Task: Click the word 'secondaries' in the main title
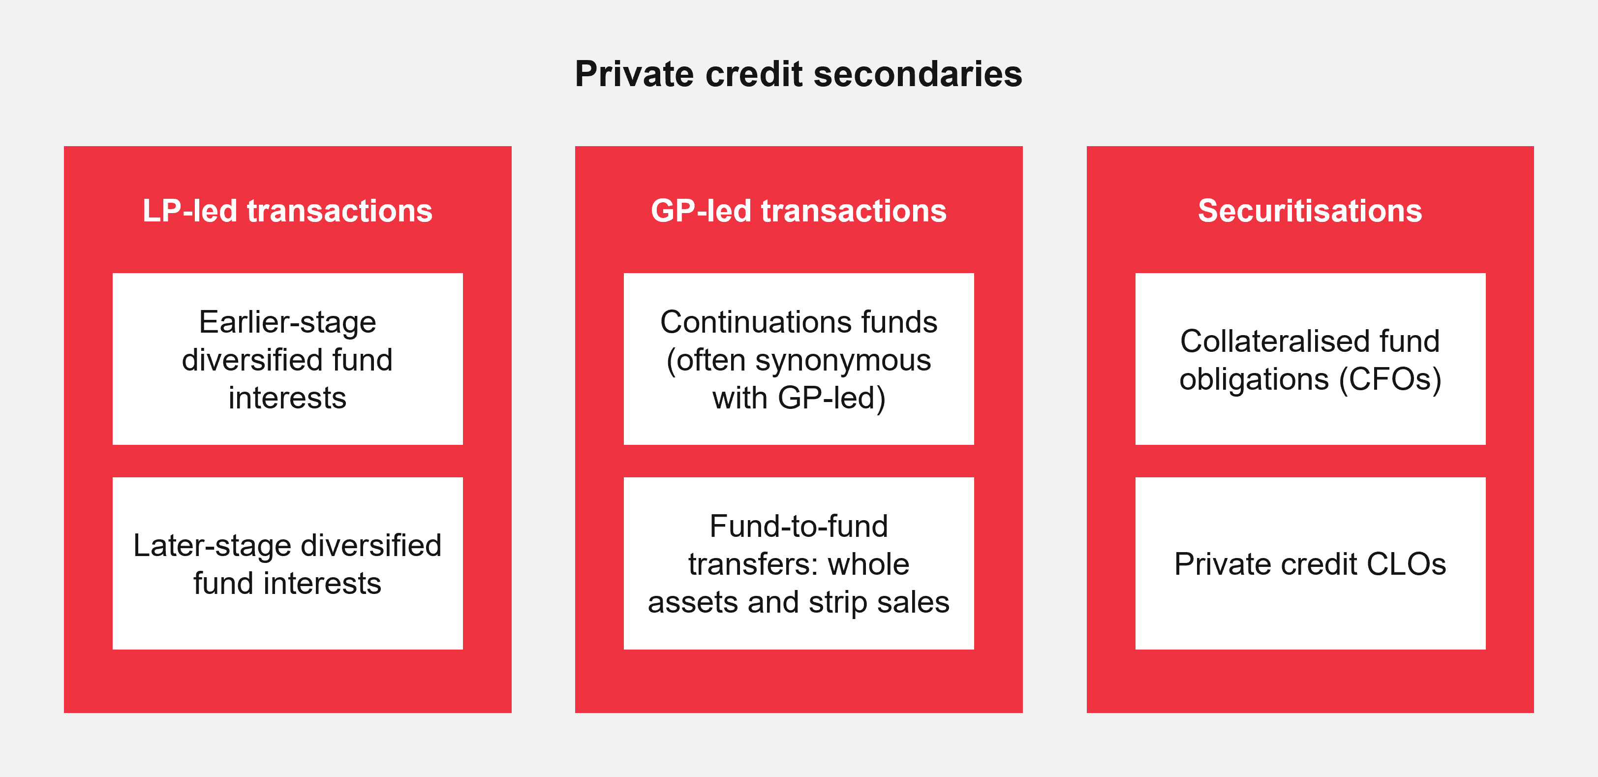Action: [x=918, y=74]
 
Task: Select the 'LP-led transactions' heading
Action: [x=287, y=211]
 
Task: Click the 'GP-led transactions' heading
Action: [x=799, y=211]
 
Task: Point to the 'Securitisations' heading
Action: [x=1310, y=211]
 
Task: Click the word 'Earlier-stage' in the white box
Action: [x=287, y=322]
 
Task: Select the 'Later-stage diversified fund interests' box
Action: [x=287, y=563]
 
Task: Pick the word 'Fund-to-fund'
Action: [x=799, y=526]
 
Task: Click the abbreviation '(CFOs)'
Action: [x=1389, y=379]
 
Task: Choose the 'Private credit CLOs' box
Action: [x=1310, y=563]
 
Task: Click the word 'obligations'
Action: [x=1254, y=379]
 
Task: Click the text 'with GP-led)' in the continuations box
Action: [x=799, y=398]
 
